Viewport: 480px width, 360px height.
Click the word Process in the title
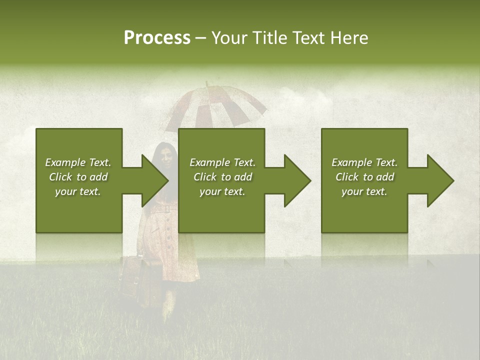(x=157, y=38)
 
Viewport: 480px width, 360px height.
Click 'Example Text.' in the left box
(x=78, y=162)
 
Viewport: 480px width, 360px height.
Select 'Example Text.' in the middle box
(x=222, y=162)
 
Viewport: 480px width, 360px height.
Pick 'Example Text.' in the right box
(x=364, y=162)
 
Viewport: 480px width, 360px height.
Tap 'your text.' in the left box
(x=78, y=191)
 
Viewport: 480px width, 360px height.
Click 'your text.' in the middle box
(x=222, y=191)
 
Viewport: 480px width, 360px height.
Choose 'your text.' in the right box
(x=364, y=191)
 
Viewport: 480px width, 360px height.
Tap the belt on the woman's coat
(x=165, y=210)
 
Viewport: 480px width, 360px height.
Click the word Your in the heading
(x=229, y=38)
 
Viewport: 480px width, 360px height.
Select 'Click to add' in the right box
(x=364, y=177)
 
